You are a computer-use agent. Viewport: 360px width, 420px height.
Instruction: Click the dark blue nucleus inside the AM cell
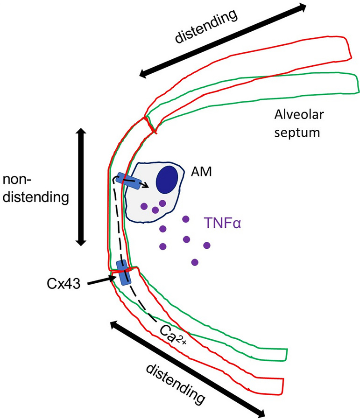pos(167,179)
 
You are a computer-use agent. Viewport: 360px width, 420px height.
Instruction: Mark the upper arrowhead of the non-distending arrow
pos(81,133)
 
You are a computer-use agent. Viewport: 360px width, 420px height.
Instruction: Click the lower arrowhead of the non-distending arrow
pos(81,241)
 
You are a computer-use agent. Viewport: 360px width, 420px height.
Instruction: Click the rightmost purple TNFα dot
pos(207,245)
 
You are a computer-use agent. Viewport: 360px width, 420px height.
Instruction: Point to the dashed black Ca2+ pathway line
pos(119,233)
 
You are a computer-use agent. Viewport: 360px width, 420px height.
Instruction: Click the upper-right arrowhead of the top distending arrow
pos(302,7)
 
